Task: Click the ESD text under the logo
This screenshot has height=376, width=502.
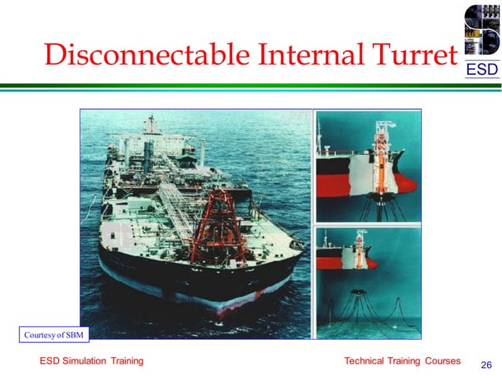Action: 481,71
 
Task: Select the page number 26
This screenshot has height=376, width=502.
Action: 485,364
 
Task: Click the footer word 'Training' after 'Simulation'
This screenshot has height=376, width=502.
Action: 126,361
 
